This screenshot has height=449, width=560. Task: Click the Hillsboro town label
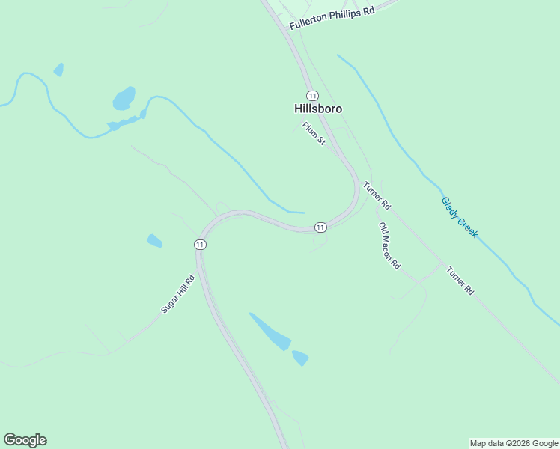pyautogui.click(x=318, y=109)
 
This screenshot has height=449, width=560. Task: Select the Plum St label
pyautogui.click(x=313, y=134)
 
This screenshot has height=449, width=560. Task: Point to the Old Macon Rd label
pyautogui.click(x=389, y=246)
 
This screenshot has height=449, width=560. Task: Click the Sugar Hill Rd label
pyautogui.click(x=177, y=294)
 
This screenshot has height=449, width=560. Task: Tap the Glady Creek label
pyautogui.click(x=459, y=218)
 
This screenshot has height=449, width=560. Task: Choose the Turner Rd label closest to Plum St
pyautogui.click(x=377, y=195)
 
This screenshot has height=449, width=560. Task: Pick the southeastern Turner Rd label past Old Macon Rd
pyautogui.click(x=460, y=280)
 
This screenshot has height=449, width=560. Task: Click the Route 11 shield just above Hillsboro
pyautogui.click(x=312, y=95)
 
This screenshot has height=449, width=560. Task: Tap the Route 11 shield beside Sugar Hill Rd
pyautogui.click(x=199, y=245)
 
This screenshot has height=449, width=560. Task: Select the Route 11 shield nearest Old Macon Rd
pyautogui.click(x=320, y=227)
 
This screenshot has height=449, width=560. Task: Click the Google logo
pyautogui.click(x=25, y=440)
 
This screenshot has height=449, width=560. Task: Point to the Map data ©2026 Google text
pyautogui.click(x=514, y=443)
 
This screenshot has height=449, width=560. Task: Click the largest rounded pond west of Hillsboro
pyautogui.click(x=124, y=98)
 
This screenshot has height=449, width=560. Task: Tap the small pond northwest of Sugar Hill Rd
pyautogui.click(x=154, y=241)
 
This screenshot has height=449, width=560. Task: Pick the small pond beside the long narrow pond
pyautogui.click(x=300, y=358)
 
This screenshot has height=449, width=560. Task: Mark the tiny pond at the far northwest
pyautogui.click(x=58, y=70)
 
